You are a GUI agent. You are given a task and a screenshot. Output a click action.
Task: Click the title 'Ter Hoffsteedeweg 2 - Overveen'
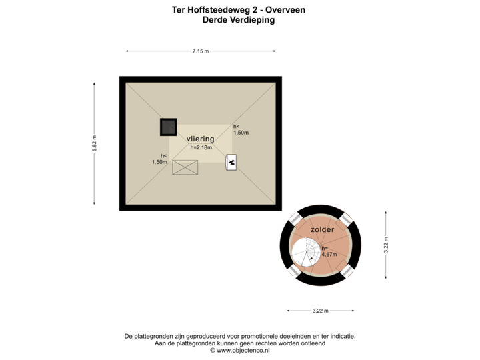point(239,11)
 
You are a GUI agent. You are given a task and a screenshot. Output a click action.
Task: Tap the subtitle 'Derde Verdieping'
point(239,20)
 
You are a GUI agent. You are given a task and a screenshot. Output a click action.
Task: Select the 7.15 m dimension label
point(200,51)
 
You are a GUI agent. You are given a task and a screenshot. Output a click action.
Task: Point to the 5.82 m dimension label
point(94,144)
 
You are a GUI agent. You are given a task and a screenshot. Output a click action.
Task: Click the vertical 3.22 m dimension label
point(385,245)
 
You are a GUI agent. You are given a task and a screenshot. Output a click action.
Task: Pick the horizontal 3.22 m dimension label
point(321,311)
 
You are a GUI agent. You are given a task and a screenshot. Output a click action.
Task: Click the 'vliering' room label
point(200,139)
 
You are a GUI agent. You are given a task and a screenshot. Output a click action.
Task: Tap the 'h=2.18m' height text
point(200,147)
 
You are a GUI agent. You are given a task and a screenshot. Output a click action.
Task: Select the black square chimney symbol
point(168,127)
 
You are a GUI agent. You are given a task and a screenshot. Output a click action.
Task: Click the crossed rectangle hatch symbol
point(185,167)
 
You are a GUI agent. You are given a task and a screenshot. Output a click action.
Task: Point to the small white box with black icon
point(231,162)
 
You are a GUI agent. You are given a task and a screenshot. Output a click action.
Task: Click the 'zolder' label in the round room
point(322,229)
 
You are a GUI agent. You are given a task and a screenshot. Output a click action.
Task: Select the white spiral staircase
point(306,253)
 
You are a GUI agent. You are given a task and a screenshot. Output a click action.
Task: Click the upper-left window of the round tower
point(295,219)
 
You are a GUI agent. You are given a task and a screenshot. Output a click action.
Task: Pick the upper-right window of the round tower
point(346,219)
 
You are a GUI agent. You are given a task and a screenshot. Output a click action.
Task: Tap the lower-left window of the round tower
point(295,270)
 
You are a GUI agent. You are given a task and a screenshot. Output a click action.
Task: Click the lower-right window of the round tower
point(347,270)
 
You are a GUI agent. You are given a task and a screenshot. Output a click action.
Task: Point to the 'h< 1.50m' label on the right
point(240,129)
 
